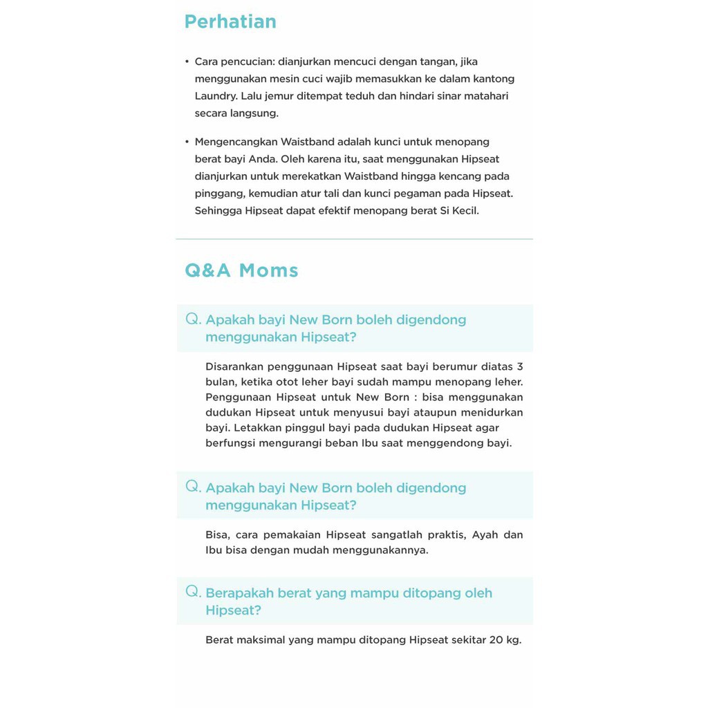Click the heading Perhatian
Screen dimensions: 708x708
click(230, 22)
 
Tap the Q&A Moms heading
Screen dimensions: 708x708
click(241, 270)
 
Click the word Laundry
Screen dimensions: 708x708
click(215, 96)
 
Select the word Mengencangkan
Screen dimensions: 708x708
click(236, 142)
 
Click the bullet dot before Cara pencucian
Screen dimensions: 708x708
click(187, 62)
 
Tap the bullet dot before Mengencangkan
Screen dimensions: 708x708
click(187, 142)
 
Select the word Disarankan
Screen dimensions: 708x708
click(235, 366)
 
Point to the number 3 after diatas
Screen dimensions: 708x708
click(520, 366)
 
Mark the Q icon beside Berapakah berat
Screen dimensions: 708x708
click(193, 591)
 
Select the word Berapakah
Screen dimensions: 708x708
click(239, 593)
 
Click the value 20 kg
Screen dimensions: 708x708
click(505, 640)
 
